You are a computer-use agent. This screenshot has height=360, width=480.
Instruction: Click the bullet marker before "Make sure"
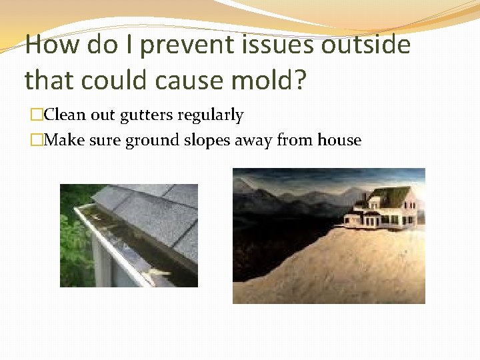click(x=37, y=141)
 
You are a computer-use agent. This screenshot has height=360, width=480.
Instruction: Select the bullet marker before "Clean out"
click(x=37, y=115)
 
